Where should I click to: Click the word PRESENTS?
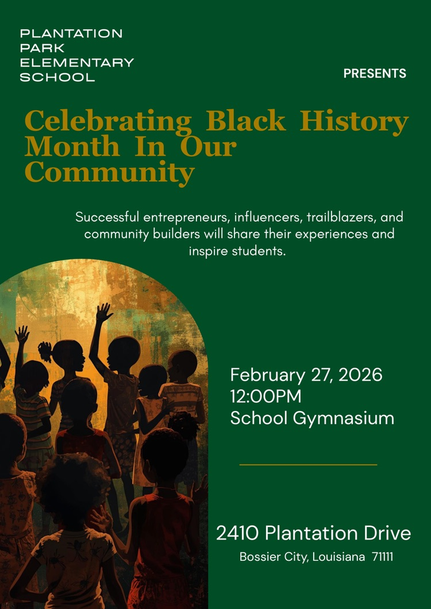pyautogui.click(x=374, y=73)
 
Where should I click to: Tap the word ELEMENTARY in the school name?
pyautogui.click(x=77, y=62)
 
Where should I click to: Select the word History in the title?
pyautogui.click(x=354, y=121)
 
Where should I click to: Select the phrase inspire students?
pyautogui.click(x=238, y=252)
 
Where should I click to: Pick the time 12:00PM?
pyautogui.click(x=266, y=397)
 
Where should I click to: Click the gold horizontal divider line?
pyautogui.click(x=308, y=464)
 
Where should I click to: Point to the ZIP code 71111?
pyautogui.click(x=382, y=557)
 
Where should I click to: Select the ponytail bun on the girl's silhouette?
pyautogui.click(x=45, y=351)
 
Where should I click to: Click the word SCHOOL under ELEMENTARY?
pyautogui.click(x=58, y=77)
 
